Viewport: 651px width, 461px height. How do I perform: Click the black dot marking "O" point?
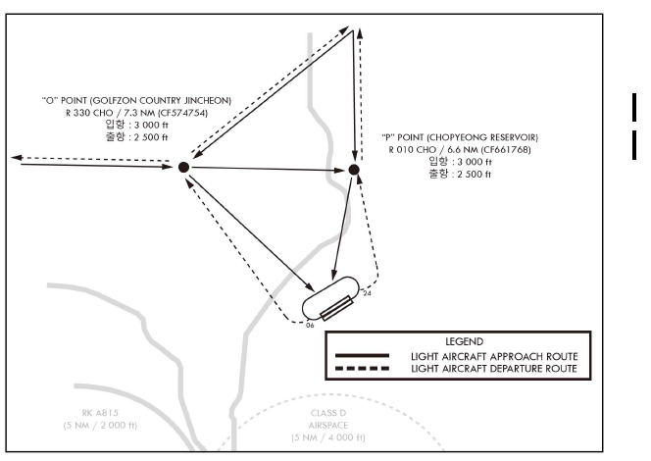(182, 168)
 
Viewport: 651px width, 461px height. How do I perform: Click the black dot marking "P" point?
(354, 170)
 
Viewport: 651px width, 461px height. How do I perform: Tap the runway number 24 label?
(367, 292)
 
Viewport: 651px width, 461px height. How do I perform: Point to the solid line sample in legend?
(363, 355)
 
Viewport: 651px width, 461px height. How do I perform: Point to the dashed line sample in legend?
(363, 368)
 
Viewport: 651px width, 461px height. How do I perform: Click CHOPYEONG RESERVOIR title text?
(460, 135)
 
